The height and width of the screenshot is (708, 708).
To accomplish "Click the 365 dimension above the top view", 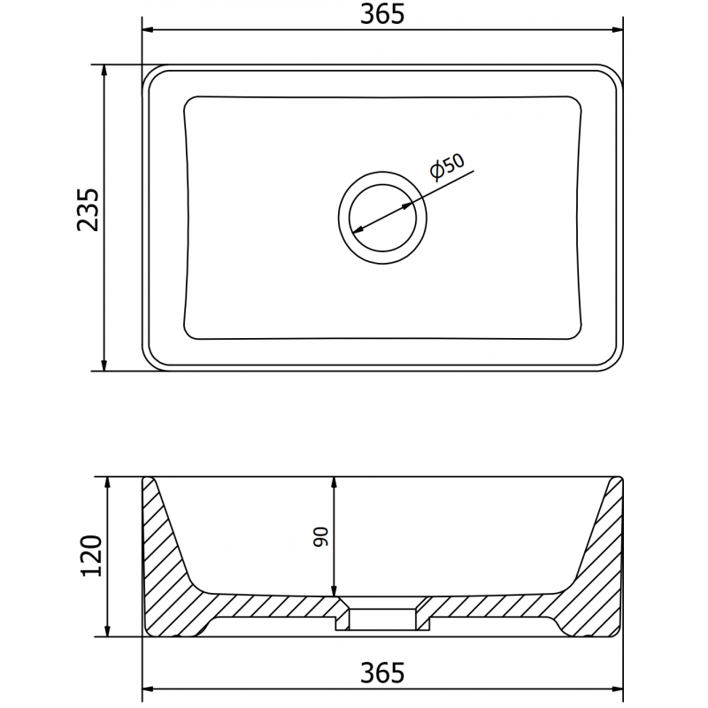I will pyautogui.click(x=382, y=14).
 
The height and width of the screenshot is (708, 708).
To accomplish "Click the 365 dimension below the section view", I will pyautogui.click(x=382, y=672).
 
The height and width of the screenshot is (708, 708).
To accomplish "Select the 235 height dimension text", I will pyautogui.click(x=88, y=210).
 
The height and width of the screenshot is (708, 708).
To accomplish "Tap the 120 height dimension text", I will pyautogui.click(x=92, y=556).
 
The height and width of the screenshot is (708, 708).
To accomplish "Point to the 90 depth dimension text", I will pyautogui.click(x=320, y=536).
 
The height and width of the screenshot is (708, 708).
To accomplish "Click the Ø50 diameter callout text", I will pyautogui.click(x=446, y=167).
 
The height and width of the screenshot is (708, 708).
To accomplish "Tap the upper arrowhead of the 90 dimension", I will pyautogui.click(x=334, y=483).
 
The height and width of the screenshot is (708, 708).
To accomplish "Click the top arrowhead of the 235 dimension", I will pyautogui.click(x=104, y=71).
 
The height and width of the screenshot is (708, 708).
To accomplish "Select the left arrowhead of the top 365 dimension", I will pyautogui.click(x=150, y=29).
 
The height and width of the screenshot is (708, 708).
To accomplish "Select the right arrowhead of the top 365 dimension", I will pyautogui.click(x=617, y=29).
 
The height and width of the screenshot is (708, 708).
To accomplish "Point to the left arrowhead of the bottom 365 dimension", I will pyautogui.click(x=150, y=688).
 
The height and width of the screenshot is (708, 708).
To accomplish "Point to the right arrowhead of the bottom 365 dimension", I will pyautogui.click(x=617, y=688).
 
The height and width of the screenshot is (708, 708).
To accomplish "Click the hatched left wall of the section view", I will pyautogui.click(x=168, y=566).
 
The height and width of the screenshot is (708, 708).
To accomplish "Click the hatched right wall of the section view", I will pyautogui.click(x=597, y=566).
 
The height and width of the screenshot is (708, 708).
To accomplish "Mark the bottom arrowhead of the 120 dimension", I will pyautogui.click(x=107, y=630).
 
